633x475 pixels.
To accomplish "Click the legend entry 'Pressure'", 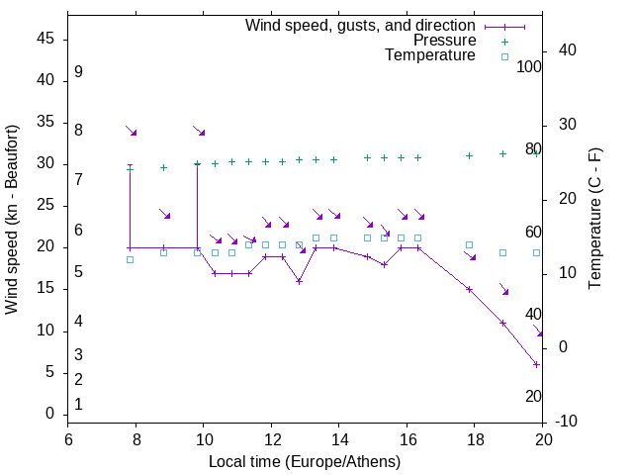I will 444,41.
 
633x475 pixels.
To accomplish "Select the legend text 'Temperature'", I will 430,55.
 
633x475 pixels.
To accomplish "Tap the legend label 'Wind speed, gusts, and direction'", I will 361,25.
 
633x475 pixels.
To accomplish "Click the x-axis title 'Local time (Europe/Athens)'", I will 305,462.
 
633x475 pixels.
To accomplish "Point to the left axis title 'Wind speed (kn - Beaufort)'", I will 12,220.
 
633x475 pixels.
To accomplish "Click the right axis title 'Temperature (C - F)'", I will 594,220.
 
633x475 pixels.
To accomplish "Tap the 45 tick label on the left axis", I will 45,39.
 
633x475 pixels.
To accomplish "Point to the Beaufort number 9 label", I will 78,72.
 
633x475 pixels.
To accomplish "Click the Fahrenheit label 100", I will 530,66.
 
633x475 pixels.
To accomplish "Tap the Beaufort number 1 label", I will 78,404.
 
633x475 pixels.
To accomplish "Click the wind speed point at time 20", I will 537,364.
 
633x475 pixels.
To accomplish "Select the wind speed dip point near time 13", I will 299,281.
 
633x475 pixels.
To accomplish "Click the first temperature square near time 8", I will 130,259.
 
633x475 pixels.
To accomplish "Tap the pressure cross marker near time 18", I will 470,155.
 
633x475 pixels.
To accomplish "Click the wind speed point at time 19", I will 503,323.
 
